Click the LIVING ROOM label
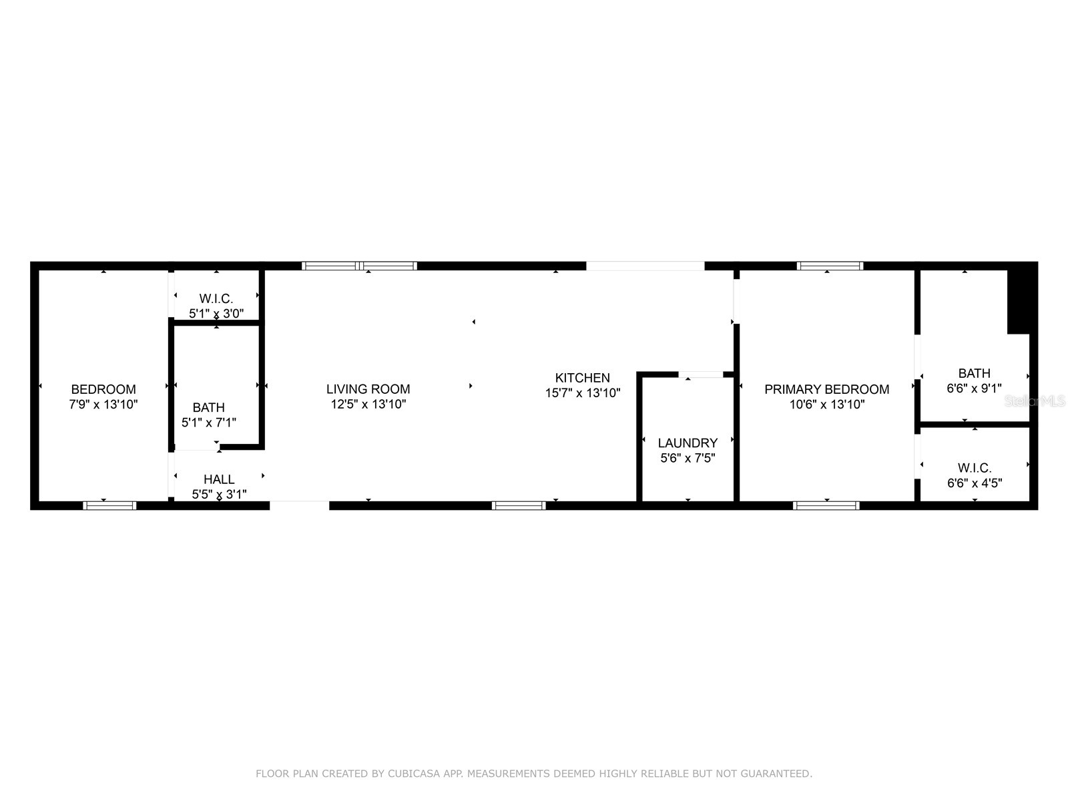368,389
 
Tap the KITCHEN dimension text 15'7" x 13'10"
582,393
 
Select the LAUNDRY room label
688,443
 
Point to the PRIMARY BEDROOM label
826,389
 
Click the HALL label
219,479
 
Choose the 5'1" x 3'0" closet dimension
216,313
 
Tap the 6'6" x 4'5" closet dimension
975,483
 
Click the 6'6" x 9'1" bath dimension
974,388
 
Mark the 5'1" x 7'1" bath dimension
209,423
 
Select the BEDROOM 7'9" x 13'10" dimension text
103,404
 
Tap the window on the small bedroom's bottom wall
109,505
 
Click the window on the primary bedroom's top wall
830,266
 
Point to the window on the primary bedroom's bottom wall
826,505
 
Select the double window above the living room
359,266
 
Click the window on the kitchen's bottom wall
519,505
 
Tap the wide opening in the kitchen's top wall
645,266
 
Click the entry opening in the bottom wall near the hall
299,505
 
